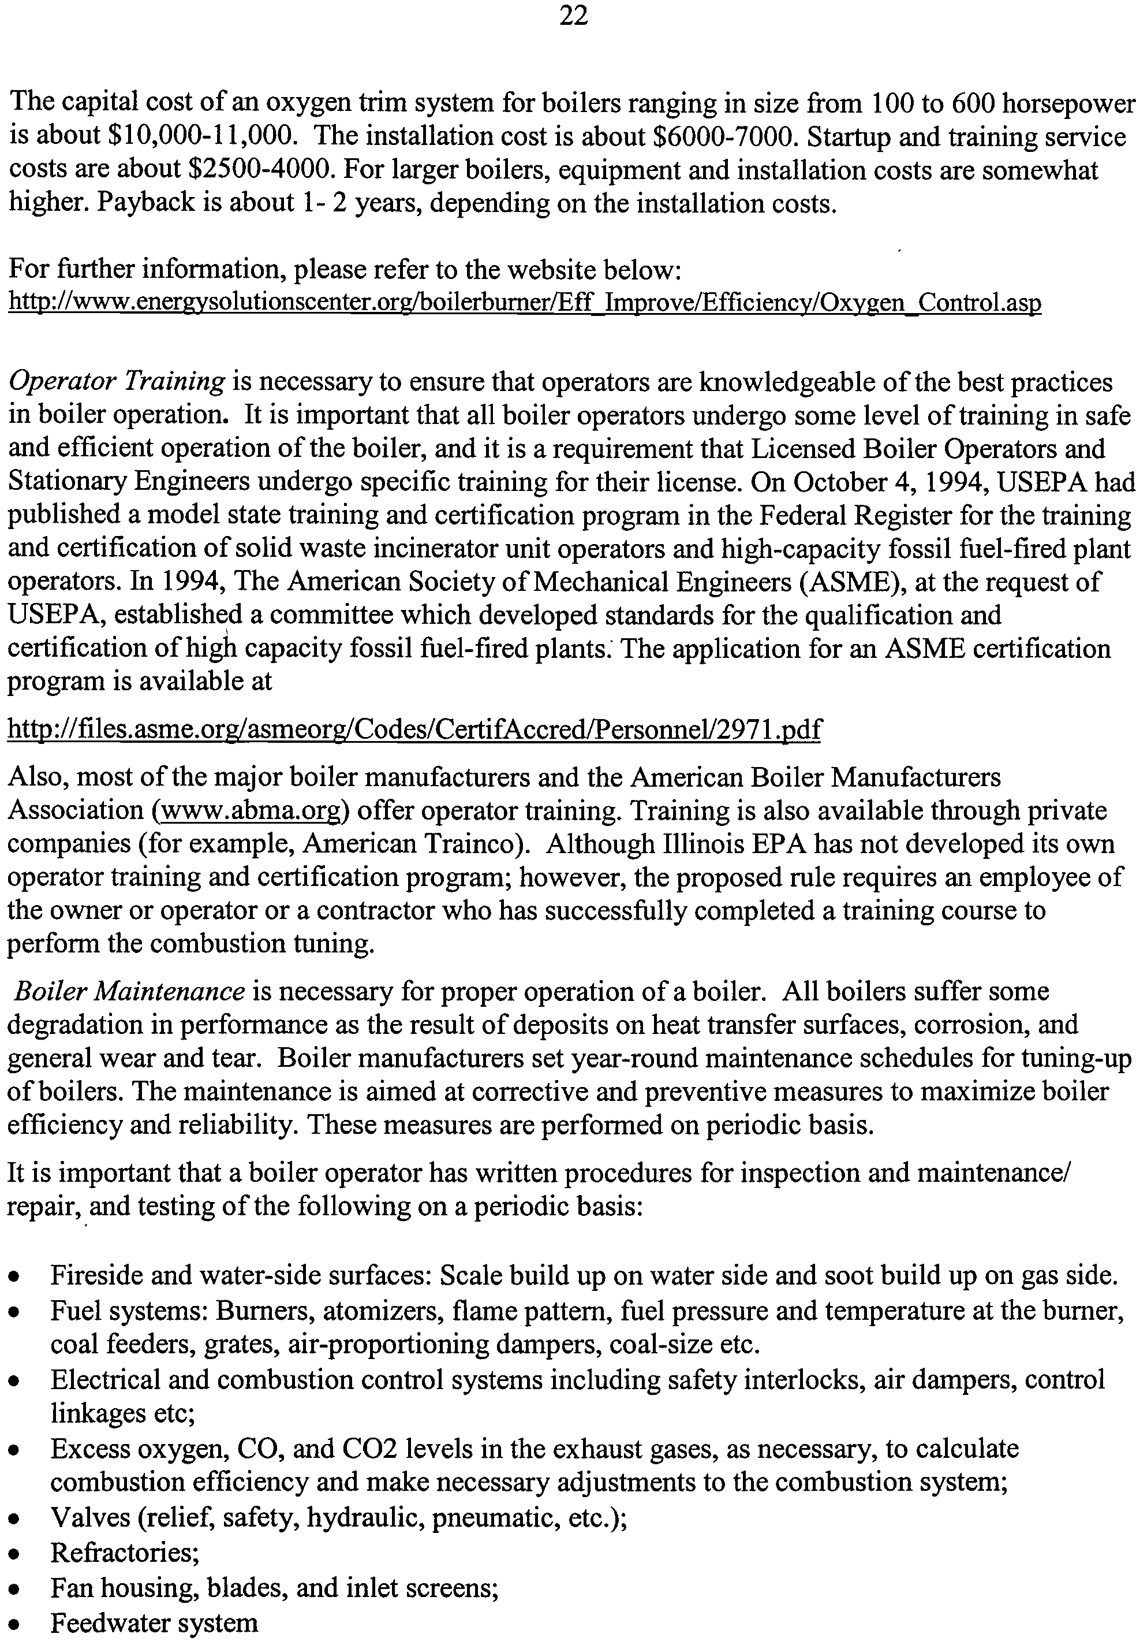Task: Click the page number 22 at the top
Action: [573, 16]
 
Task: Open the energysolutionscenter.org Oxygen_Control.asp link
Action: [525, 303]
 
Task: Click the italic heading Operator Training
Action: [117, 382]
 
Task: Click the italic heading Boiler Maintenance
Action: [129, 992]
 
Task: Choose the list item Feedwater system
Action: [154, 1623]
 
